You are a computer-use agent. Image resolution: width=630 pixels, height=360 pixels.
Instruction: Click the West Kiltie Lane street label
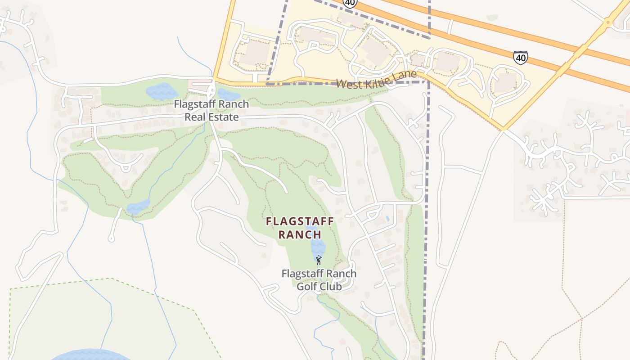coord(376,79)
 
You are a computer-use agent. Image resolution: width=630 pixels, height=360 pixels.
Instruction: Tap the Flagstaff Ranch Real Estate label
coord(211,111)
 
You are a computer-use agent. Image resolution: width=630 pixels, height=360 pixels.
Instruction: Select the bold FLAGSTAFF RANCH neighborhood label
coord(300,228)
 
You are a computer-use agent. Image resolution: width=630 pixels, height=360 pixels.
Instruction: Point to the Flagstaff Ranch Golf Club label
coord(319,279)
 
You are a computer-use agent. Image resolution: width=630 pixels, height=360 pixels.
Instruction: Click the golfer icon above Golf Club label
coord(319,260)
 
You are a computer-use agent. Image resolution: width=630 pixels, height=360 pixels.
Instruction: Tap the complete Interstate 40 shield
coord(520,57)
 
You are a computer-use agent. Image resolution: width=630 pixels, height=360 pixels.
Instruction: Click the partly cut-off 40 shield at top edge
coord(350,3)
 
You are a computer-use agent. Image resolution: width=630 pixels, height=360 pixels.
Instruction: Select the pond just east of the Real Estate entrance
coord(228,94)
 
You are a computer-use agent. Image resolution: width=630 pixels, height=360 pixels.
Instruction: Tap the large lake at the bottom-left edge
coord(85,355)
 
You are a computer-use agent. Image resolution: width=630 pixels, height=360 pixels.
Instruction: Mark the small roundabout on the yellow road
coord(608,21)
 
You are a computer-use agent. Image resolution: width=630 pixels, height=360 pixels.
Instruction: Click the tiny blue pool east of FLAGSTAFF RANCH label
coord(387,219)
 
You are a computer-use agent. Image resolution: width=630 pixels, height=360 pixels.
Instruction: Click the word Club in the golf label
coord(331,286)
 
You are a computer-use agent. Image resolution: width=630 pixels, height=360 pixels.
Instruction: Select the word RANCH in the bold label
coord(300,234)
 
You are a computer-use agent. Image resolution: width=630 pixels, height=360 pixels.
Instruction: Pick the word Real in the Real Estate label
coord(194,117)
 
